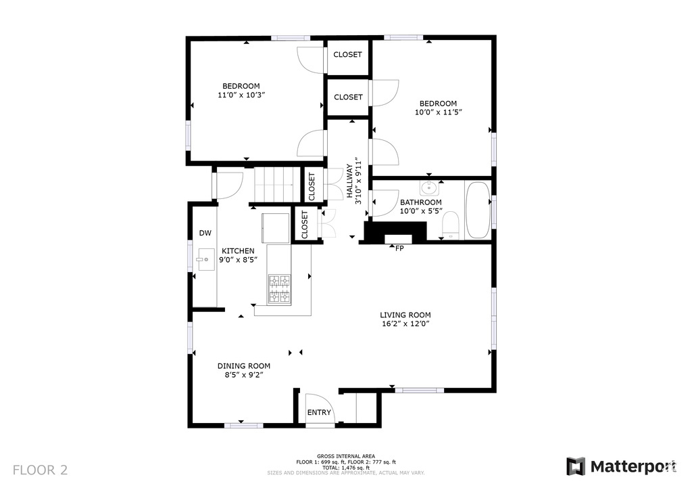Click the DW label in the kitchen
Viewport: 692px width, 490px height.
205,233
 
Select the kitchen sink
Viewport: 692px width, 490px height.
205,259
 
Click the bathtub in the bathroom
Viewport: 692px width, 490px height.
478,210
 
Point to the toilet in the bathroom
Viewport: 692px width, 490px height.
451,225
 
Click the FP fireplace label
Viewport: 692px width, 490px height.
399,249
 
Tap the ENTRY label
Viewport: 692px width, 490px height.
319,412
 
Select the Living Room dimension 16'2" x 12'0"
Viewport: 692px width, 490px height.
405,324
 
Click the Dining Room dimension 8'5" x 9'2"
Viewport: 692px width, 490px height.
243,375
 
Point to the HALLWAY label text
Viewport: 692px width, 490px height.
349,181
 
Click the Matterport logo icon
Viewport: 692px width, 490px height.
576,466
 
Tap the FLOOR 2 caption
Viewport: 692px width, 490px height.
40,470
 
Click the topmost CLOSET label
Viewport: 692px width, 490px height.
348,54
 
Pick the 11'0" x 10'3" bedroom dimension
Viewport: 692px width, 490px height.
241,95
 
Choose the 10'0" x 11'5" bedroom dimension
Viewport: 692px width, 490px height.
438,112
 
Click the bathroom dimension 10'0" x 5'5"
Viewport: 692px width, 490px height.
421,211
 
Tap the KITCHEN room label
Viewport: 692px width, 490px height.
238,251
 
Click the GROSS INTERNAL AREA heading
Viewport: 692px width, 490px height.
346,456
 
